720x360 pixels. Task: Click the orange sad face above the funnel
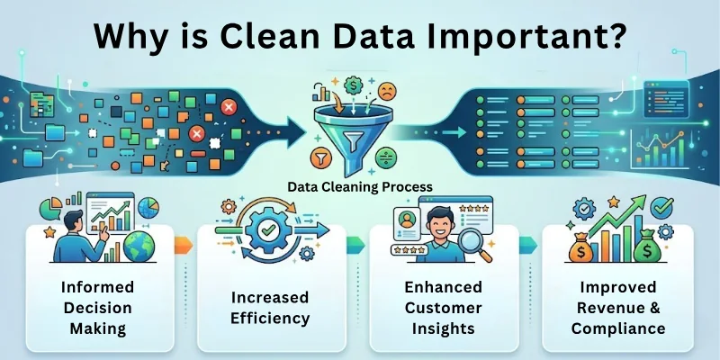(388, 91)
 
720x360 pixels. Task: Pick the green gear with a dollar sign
(355, 85)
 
